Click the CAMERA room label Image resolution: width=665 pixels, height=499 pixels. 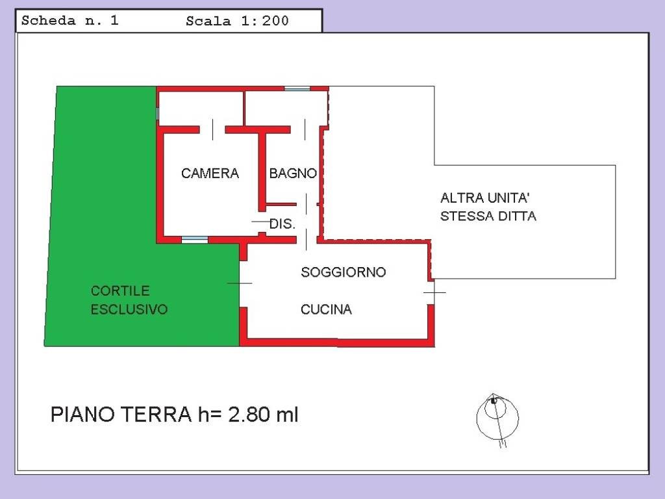click(x=210, y=173)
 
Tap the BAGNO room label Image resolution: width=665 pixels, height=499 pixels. click(x=293, y=173)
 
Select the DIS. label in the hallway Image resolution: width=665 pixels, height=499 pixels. click(x=282, y=224)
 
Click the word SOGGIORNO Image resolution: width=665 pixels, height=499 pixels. click(x=343, y=272)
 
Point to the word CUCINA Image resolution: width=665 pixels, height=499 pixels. click(x=326, y=310)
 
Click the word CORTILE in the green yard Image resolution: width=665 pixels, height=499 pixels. click(x=120, y=290)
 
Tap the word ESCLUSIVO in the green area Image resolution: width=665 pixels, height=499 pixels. click(x=129, y=309)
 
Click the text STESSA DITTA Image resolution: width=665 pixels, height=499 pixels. click(x=488, y=216)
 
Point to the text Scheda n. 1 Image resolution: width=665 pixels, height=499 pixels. click(x=70, y=20)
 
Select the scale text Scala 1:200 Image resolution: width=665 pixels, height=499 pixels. click(x=237, y=21)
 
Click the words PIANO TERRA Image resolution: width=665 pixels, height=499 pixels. click(x=120, y=415)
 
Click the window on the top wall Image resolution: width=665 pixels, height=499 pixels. click(x=297, y=88)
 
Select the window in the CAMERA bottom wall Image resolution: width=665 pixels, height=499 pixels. click(x=194, y=240)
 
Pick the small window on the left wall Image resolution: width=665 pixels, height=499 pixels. click(x=158, y=114)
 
